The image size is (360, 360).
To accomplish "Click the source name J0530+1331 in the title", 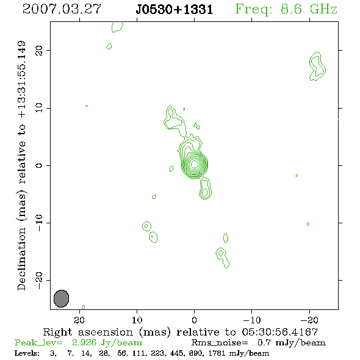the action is coord(174,10).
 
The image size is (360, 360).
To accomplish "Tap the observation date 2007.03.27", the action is coord(62,9).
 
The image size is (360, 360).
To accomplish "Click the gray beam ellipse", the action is coord(61,298).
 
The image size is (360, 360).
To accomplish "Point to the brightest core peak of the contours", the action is coord(195,164).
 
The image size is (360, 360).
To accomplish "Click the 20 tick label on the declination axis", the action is coord(39,51).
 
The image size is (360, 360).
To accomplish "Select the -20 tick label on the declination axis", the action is coord(39,281).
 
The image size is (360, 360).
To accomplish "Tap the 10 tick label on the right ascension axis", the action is coord(137,320).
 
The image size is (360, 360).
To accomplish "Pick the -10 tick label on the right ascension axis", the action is coord(252,320).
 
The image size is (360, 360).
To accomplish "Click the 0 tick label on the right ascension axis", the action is coord(195,320).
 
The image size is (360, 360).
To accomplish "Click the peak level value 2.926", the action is coord(84,342).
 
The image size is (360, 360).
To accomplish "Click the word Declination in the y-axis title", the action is coord(21,259).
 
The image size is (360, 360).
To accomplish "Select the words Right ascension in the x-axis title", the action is coord(88,332).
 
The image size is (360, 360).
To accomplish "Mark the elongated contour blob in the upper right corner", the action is coord(317,67).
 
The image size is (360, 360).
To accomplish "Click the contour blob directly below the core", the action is coord(205,189).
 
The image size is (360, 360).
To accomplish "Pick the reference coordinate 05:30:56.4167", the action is coord(280,332).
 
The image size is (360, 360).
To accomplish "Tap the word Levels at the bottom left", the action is coord(27,353).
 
